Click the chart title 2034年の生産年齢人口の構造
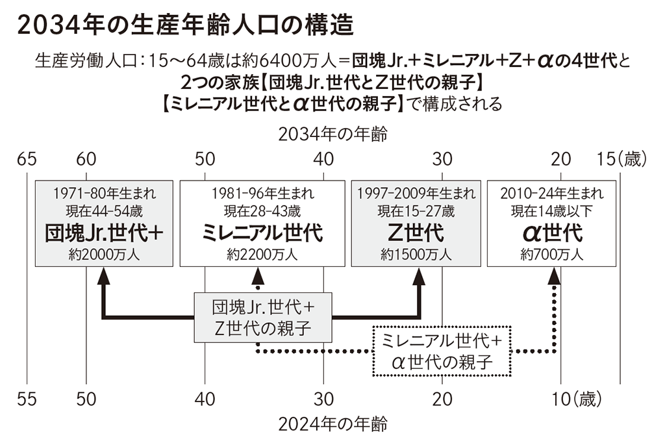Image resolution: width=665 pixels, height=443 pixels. point(185,25)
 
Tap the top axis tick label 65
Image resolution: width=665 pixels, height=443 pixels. point(27,159)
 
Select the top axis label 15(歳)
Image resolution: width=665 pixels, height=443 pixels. point(622,159)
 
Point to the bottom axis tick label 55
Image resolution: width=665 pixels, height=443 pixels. point(27,399)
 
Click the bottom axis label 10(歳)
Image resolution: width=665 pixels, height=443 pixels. point(577,399)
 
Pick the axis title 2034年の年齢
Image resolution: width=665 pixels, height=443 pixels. point(333,134)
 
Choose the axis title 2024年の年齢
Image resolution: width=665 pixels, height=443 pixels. point(333,424)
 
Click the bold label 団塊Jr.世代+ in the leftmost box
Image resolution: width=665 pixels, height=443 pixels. point(104,233)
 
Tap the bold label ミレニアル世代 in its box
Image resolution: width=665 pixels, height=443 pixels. point(262,233)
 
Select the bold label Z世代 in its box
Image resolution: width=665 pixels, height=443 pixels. point(416,233)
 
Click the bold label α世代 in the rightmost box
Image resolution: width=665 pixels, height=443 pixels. point(552,233)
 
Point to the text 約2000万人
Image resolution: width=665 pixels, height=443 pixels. point(104,255)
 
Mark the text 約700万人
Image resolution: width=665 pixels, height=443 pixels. point(552,255)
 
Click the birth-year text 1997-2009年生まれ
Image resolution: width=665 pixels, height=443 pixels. point(416,194)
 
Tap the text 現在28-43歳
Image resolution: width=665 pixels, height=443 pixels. point(262,211)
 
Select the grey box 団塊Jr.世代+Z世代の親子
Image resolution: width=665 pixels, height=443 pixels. point(263,318)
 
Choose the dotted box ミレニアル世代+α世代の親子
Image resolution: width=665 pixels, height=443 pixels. point(442,351)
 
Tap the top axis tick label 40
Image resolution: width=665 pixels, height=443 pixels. point(323,159)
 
